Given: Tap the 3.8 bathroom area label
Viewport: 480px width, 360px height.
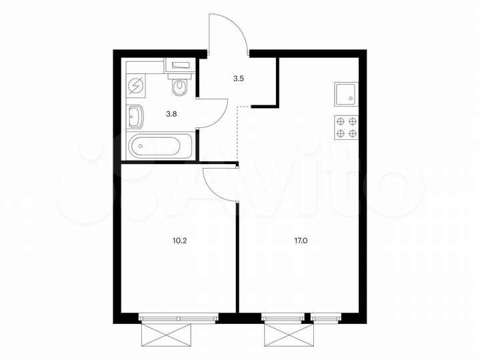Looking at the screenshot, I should point(171,113).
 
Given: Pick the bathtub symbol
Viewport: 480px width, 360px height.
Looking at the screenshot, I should point(161,146).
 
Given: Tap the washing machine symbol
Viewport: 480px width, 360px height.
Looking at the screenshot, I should point(136,86).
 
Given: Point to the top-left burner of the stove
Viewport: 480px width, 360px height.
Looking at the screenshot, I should point(341,121).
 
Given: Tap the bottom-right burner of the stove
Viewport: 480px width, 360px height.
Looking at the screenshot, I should point(352,133).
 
